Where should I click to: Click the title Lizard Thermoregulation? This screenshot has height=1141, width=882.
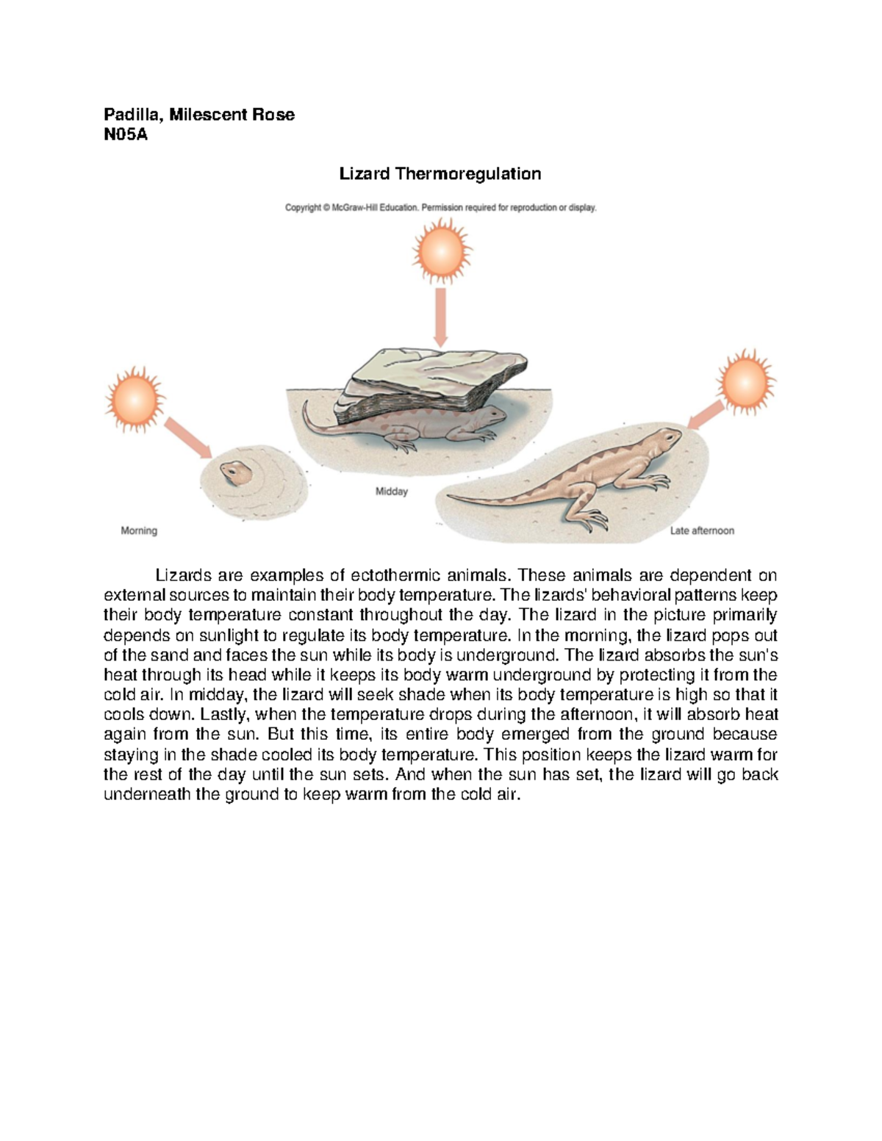coord(440,174)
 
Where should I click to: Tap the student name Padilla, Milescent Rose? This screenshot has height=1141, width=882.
coord(198,115)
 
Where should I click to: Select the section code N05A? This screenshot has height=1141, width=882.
coord(126,134)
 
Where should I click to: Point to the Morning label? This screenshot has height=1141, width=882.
coord(139,530)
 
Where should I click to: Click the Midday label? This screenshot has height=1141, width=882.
coord(391,492)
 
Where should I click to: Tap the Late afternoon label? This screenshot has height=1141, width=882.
coord(702,530)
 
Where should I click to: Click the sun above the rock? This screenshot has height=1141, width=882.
coord(441,252)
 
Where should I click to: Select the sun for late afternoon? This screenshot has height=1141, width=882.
coord(746,383)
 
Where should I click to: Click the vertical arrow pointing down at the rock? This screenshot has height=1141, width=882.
coord(441,316)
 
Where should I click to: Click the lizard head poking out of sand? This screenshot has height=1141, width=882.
coord(232,472)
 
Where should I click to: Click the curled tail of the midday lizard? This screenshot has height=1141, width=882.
coord(312,422)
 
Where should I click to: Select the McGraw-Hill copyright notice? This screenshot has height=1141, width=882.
coord(441,208)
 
